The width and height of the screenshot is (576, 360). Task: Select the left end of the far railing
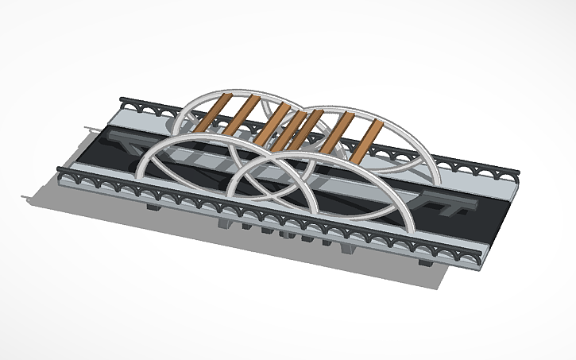point(122,100)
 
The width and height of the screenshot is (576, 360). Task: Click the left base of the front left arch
point(140,176)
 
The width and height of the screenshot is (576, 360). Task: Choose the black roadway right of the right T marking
point(485,219)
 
